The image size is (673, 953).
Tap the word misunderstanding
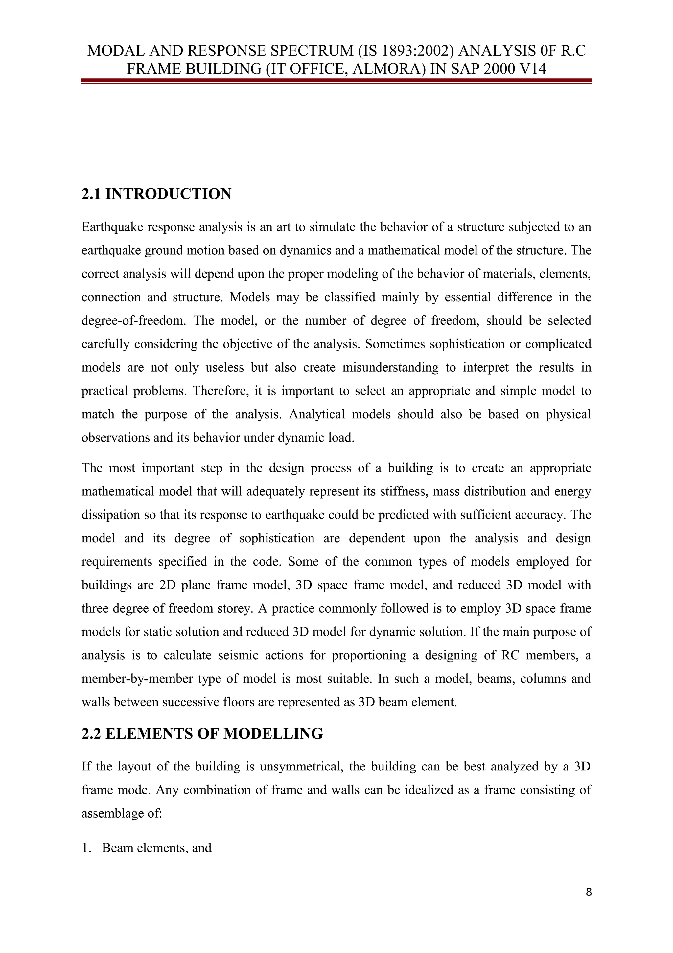pos(390,368)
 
